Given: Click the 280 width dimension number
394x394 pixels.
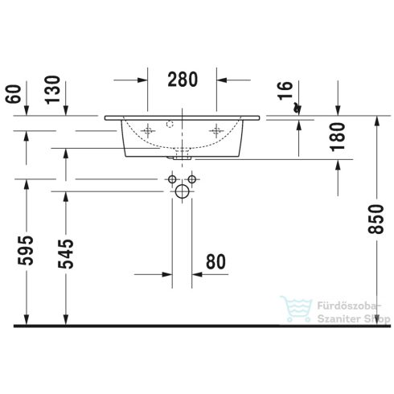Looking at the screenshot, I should (183, 80).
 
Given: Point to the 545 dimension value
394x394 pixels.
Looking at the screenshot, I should (69, 252).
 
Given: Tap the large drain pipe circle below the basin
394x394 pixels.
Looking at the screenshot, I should (182, 191).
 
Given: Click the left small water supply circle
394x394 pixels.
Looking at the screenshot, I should (171, 178).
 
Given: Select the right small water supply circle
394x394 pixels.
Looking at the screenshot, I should (193, 178).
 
